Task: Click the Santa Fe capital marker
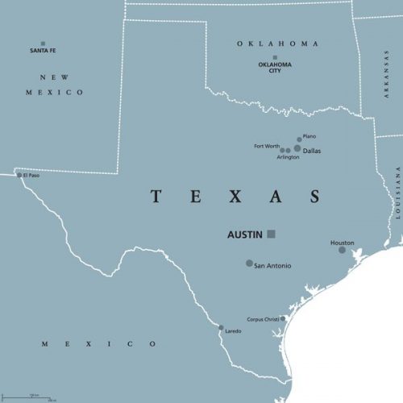[x=43, y=44]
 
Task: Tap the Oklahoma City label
[x=275, y=68]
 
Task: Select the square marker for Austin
[x=272, y=234]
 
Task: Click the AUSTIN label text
[x=245, y=235]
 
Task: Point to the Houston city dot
[x=342, y=250]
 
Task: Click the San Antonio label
[x=272, y=266]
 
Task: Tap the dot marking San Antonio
[x=249, y=263]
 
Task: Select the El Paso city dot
[x=19, y=175]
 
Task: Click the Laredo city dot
[x=221, y=327]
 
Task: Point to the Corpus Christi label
[x=263, y=318]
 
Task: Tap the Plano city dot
[x=299, y=139]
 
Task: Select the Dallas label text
[x=313, y=150]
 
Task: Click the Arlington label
[x=288, y=157]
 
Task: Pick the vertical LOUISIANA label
[x=397, y=194]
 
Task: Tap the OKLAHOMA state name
[x=277, y=44]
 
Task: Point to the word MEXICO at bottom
[x=100, y=344]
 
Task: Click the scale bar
[x=39, y=397]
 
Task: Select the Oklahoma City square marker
[x=275, y=57]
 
